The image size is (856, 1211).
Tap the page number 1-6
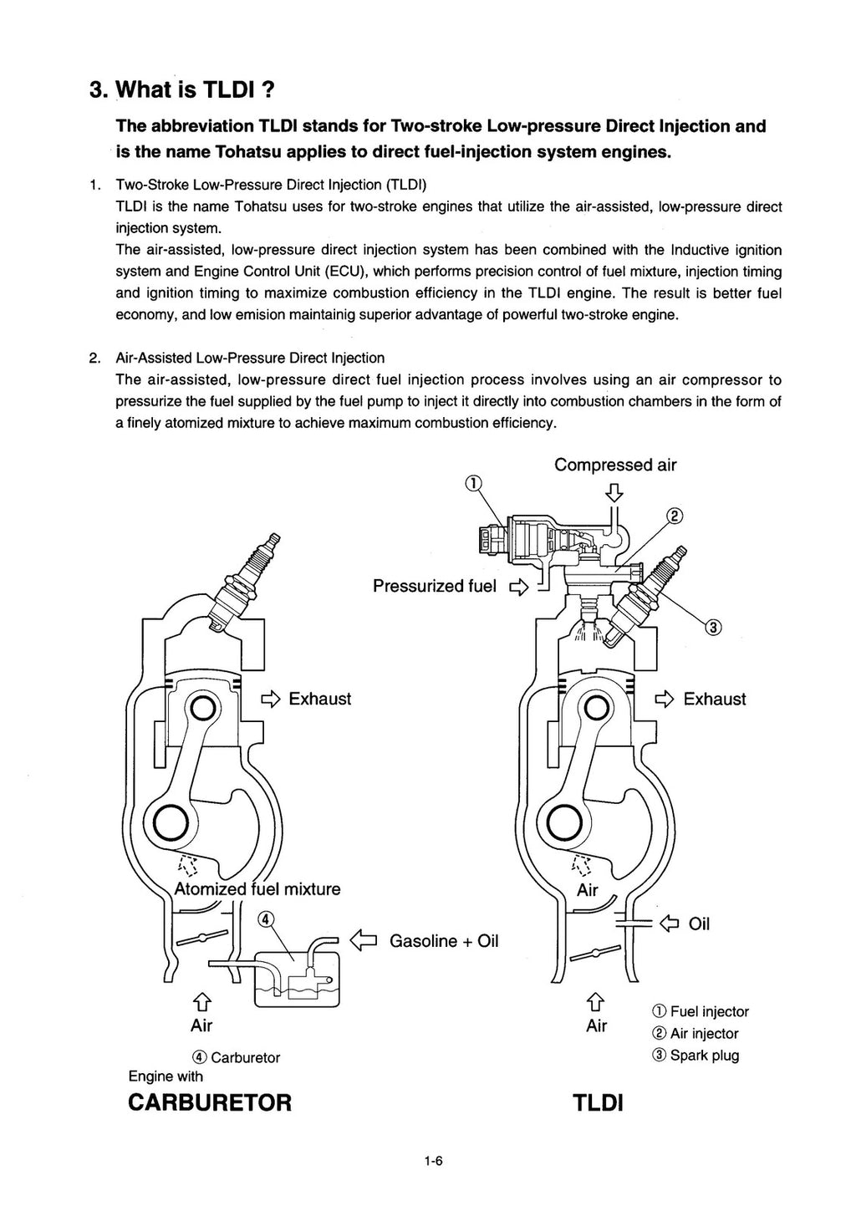tap(432, 1159)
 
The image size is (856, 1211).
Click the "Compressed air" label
tap(615, 465)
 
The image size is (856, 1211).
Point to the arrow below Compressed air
tap(614, 492)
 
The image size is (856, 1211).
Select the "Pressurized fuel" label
tap(434, 586)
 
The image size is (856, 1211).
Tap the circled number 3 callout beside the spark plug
tap(713, 627)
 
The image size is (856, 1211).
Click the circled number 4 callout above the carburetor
tap(265, 919)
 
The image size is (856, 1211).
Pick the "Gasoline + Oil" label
tap(444, 941)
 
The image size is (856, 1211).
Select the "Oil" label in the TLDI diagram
tap(699, 924)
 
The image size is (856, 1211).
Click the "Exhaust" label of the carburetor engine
tap(319, 699)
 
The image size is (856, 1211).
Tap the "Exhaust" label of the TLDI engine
tap(714, 699)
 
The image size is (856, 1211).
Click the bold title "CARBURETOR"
tap(210, 1102)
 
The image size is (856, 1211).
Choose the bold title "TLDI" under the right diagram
tap(598, 1103)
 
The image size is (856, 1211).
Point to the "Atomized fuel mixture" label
tap(257, 888)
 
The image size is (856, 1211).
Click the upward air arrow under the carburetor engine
tap(201, 1002)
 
